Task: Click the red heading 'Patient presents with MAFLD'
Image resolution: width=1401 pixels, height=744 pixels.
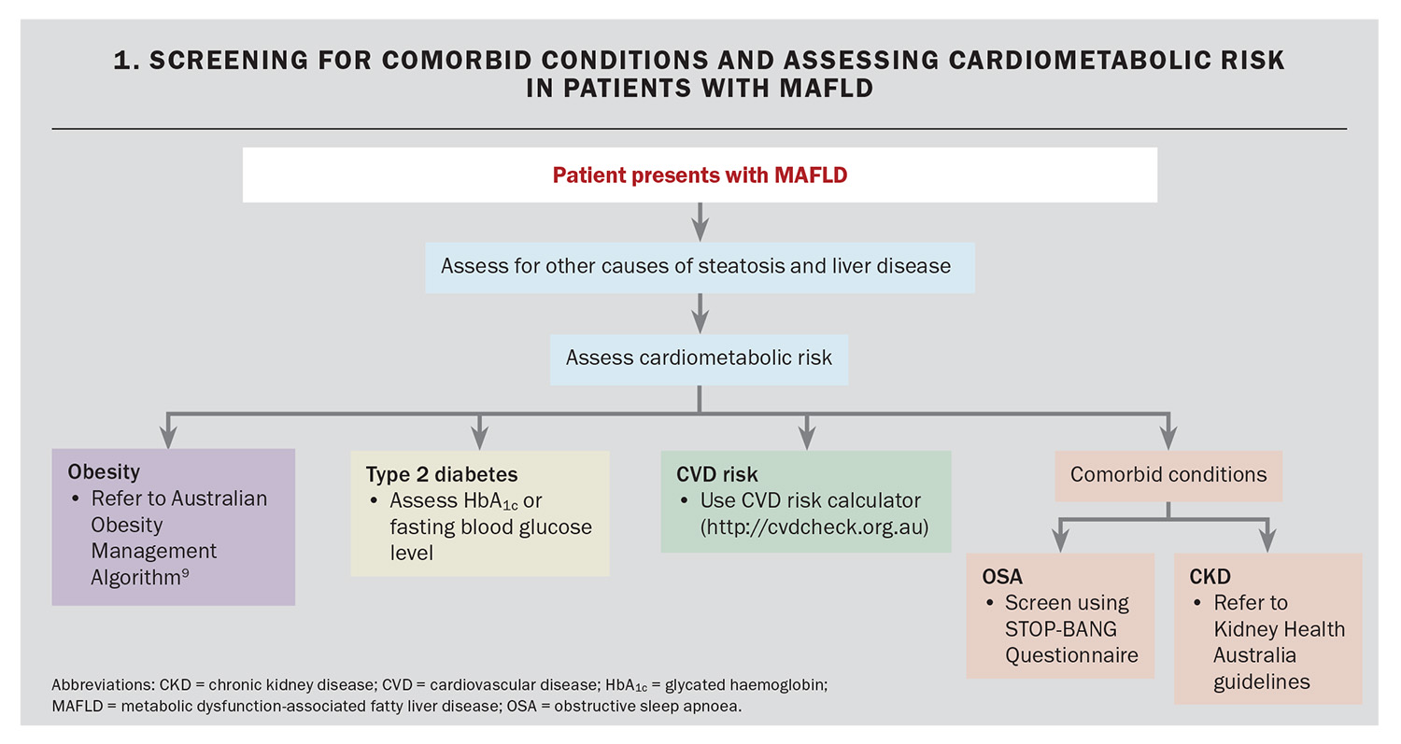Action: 700,175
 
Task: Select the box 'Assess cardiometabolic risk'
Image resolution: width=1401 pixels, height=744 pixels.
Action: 700,359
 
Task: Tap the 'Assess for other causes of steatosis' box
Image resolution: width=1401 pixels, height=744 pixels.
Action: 700,268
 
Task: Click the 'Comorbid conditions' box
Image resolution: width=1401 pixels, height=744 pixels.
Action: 1168,476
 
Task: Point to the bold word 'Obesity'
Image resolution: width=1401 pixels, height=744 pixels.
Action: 104,472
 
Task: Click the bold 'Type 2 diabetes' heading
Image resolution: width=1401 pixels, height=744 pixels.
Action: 442,474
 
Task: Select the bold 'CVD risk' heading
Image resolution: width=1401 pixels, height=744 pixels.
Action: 716,474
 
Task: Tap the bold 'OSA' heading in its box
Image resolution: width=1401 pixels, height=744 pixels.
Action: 1002,577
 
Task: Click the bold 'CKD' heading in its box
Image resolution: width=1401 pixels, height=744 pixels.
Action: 1210,577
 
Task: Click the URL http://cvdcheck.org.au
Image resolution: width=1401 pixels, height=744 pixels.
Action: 814,527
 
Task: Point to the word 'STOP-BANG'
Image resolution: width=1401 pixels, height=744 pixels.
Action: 1061,629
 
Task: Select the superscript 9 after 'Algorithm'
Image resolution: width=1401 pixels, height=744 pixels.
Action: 185,572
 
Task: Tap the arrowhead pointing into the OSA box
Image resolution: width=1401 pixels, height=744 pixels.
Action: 1060,541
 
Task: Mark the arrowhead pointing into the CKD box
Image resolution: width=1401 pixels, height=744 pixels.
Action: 1267,541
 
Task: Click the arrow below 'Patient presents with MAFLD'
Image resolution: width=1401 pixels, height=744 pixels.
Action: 700,222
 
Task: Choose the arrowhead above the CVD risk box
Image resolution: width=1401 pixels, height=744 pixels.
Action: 807,439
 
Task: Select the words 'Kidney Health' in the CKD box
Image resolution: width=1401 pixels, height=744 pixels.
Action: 1279,629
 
